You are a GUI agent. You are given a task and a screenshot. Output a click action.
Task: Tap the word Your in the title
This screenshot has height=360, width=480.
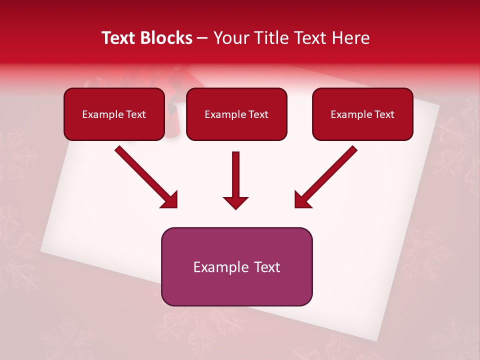pos(231,38)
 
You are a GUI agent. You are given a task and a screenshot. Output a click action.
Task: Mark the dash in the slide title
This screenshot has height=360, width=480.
pos(202,38)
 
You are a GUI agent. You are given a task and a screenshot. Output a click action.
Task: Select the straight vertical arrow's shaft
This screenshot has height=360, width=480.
pos(236,172)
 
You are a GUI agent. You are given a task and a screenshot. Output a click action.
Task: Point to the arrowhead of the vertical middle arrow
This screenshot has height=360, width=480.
pos(236,202)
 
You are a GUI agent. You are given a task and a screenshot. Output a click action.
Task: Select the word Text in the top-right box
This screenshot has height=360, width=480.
pos(384,114)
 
